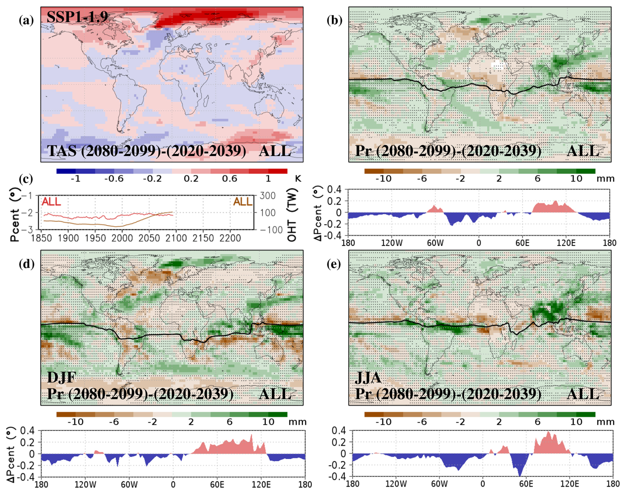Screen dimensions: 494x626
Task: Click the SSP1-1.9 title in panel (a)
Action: click(x=77, y=17)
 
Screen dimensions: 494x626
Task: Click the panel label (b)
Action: click(x=335, y=21)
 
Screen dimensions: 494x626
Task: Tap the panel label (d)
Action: click(x=26, y=264)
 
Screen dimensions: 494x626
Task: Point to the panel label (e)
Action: click(x=334, y=264)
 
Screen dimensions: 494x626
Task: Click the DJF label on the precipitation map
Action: click(x=62, y=377)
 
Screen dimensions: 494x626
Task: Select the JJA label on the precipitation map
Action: click(x=368, y=377)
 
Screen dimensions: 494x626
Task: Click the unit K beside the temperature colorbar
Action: click(x=298, y=179)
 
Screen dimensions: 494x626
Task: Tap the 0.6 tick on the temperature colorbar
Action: click(x=230, y=179)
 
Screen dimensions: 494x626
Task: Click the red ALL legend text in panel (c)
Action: click(x=51, y=202)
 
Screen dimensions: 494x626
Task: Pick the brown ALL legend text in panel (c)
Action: click(x=243, y=202)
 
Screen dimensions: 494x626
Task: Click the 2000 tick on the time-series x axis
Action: click(x=122, y=238)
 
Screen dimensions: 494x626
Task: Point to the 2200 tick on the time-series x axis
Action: click(x=230, y=238)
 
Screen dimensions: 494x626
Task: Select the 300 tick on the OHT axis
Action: click(x=267, y=196)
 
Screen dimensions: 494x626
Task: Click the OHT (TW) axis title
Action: click(x=292, y=215)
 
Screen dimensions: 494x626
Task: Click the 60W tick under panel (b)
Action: click(x=435, y=243)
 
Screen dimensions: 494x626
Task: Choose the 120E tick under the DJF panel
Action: click(x=261, y=485)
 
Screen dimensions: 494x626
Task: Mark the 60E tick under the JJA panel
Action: click(x=526, y=484)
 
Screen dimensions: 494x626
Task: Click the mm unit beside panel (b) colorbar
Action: click(x=605, y=179)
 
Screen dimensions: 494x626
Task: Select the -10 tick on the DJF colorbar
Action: click(x=75, y=422)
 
